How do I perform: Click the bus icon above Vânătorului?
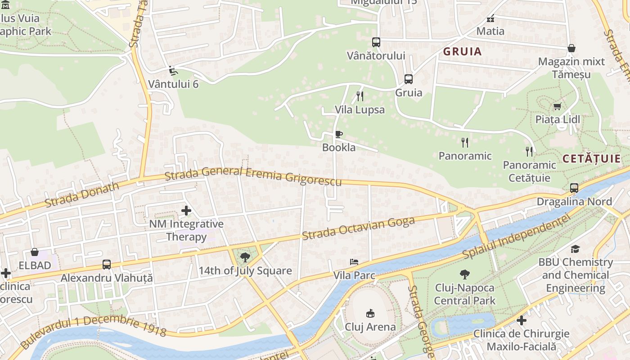(x=376, y=42)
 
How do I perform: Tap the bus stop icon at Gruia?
(x=409, y=79)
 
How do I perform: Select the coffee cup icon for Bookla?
(x=339, y=134)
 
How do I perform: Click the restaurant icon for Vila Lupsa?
(x=360, y=96)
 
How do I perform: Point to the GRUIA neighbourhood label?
(x=462, y=52)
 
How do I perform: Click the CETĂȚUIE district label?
(x=591, y=158)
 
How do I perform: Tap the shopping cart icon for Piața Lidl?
(x=558, y=106)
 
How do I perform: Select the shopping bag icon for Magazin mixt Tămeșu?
(x=571, y=48)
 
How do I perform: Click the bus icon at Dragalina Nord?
(x=574, y=188)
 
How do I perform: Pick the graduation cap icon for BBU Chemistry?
(x=575, y=249)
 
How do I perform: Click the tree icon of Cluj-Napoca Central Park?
(x=464, y=274)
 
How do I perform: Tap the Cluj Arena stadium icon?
(x=370, y=313)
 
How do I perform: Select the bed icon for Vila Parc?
(x=354, y=262)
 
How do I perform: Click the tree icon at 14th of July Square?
(x=245, y=257)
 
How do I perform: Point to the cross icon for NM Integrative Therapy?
(x=186, y=210)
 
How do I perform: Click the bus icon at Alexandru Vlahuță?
(x=107, y=265)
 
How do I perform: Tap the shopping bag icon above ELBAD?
(x=35, y=252)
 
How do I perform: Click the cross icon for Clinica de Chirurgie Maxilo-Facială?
(x=522, y=320)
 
